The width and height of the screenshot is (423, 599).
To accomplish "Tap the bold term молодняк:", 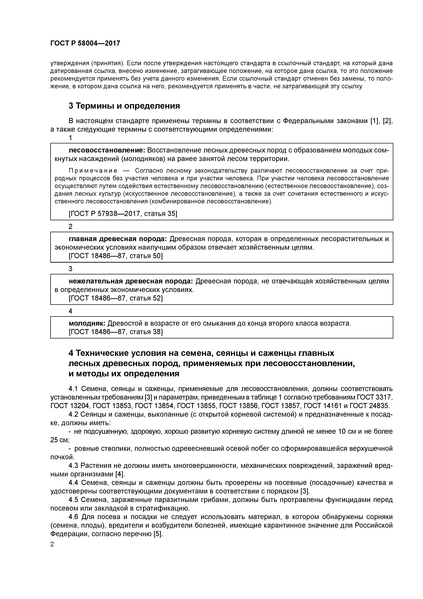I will (87, 324).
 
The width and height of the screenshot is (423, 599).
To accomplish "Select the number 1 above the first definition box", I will (70, 138).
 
